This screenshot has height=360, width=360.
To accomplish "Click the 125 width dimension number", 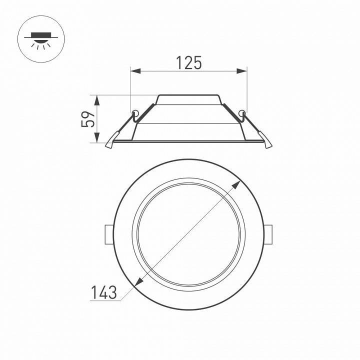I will [188, 63].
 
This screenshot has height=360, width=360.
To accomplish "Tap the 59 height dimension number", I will [88, 119].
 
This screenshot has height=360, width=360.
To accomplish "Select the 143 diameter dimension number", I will [104, 292].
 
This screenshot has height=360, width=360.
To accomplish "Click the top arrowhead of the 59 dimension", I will [97, 98].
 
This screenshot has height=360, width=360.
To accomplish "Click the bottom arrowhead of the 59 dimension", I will [97, 139].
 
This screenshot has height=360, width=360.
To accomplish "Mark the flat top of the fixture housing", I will [188, 95].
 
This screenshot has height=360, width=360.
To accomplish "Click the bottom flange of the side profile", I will [188, 141].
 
